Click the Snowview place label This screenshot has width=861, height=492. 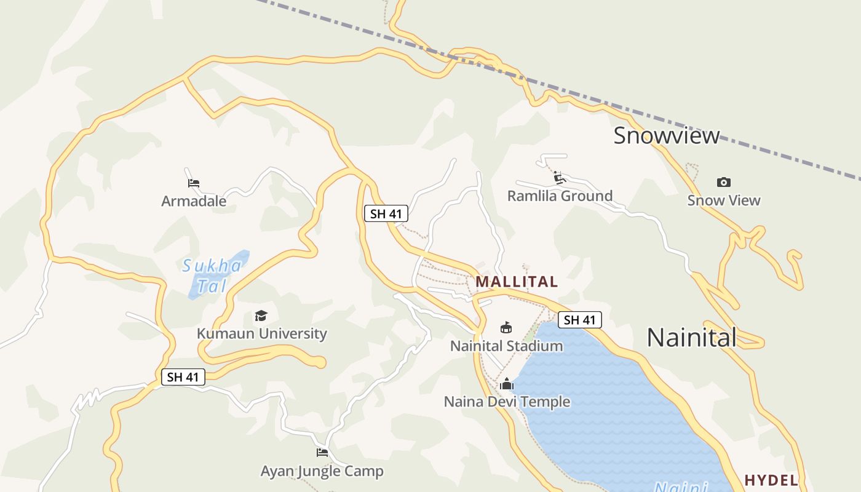tap(666, 135)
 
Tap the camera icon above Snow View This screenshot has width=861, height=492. tap(724, 182)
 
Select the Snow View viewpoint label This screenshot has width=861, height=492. tap(724, 200)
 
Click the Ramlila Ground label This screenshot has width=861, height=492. tap(560, 196)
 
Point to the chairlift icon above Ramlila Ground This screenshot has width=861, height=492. tap(559, 178)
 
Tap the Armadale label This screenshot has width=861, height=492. tap(194, 201)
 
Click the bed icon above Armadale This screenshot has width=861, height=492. tap(194, 183)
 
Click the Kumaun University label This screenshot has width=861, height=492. tap(261, 334)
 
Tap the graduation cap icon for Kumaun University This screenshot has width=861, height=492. tap(261, 316)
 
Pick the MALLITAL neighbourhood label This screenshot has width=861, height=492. tap(517, 282)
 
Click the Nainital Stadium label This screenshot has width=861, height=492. tap(506, 346)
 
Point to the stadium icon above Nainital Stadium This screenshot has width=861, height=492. tap(506, 327)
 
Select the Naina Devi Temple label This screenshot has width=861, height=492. tap(507, 402)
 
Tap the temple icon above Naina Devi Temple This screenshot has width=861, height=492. tap(507, 384)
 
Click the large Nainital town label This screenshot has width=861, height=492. tap(692, 337)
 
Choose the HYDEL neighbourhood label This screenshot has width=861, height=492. tap(771, 480)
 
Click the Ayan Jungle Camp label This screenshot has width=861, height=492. tap(322, 472)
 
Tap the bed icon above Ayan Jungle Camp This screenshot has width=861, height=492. tap(322, 453)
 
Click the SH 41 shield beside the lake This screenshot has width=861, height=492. tap(579, 320)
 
